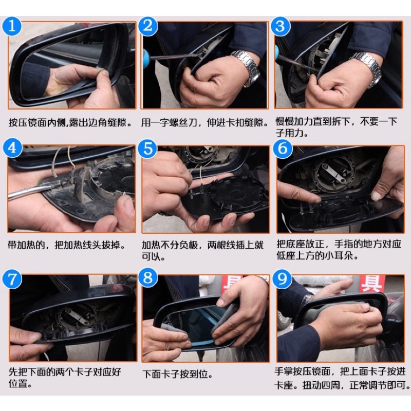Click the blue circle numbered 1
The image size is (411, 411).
pos(12,26)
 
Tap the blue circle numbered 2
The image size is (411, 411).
pos(148,26)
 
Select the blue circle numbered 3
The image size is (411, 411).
pos(280,26)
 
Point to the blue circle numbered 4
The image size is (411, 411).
pos(12,148)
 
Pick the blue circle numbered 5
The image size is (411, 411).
pos(148,148)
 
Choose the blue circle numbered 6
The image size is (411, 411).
pos(283,148)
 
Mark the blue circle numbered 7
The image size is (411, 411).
pos(12,279)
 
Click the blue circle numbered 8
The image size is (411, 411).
pos(148,277)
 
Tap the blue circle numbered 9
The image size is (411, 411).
pos(282,278)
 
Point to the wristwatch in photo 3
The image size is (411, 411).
pos(367,68)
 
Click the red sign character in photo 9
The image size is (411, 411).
pos(371,284)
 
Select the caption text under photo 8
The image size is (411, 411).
pos(177,374)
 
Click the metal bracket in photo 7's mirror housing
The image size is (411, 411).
pos(76,316)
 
